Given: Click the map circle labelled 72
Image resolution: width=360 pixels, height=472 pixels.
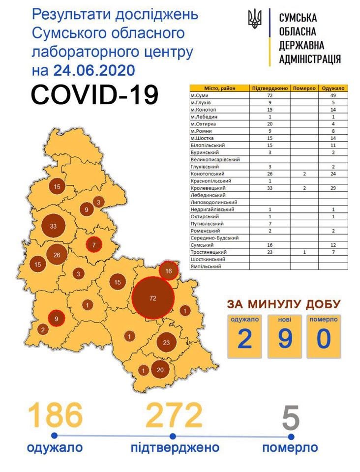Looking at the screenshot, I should click(153, 298).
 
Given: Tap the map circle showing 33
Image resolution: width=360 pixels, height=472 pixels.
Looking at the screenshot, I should click(53, 227).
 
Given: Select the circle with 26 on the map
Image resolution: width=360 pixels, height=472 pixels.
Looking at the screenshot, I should click(57, 254).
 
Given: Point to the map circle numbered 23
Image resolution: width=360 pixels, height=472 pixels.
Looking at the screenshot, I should click(166, 343).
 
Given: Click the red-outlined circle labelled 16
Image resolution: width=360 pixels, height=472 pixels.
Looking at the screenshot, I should click(168, 271).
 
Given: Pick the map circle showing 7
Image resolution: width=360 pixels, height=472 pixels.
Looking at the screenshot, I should click(93, 244).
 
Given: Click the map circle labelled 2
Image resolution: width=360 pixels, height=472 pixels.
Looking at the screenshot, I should click(43, 330).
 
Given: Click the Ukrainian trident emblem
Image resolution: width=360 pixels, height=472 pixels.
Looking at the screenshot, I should click(255, 20).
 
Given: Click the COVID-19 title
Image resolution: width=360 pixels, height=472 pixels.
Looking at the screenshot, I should click(94, 95).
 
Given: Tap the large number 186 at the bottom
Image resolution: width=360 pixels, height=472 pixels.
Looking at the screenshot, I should click(55, 415).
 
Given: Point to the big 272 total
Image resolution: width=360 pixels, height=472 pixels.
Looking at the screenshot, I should click(174, 415).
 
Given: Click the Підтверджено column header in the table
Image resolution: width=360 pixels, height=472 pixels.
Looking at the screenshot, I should click(270, 88).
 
